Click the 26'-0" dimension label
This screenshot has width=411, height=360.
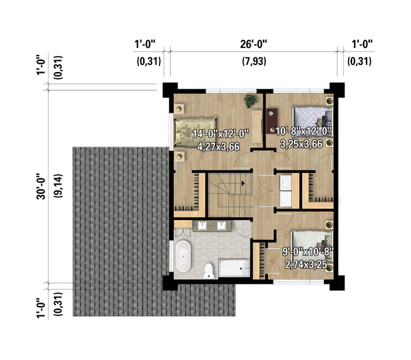(x=253, y=44)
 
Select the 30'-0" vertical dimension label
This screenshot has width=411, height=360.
(x=41, y=187)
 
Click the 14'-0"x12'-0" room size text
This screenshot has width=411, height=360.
(x=221, y=134)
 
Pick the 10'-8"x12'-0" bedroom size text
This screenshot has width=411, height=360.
(x=303, y=131)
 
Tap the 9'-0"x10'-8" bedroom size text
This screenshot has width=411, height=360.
(x=308, y=252)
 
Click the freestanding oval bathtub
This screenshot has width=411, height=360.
(x=183, y=256)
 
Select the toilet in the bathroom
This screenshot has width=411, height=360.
(x=209, y=271)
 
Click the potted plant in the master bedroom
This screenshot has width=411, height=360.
(x=250, y=101)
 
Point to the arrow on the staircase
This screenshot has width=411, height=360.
(x=243, y=183)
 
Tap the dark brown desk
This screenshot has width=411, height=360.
(x=272, y=121)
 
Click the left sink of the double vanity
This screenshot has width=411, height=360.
(x=202, y=226)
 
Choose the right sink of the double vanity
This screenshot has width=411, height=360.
(x=221, y=226)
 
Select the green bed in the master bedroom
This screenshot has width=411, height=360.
(x=195, y=132)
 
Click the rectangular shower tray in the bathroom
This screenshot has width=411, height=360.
(x=234, y=267)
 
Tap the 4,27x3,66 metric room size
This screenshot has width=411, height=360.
(x=219, y=147)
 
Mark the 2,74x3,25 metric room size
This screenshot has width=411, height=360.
(x=306, y=265)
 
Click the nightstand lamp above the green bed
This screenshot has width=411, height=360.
(x=179, y=108)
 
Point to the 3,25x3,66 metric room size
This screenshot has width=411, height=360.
(x=301, y=144)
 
